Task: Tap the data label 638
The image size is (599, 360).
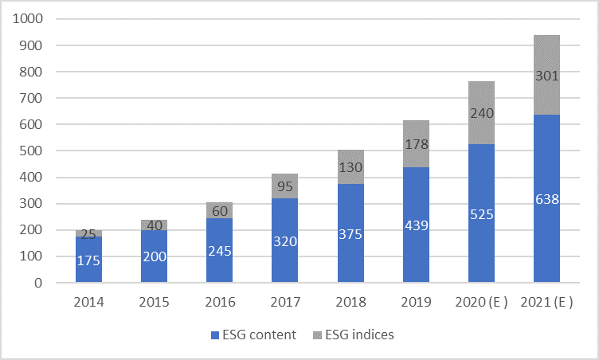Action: tap(546, 199)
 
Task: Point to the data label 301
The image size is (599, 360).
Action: tap(546, 76)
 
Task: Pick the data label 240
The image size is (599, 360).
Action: tap(481, 113)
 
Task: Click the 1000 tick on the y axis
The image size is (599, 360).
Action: tap(33, 19)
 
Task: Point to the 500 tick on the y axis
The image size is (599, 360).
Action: tap(36, 151)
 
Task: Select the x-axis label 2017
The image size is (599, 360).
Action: tap(285, 302)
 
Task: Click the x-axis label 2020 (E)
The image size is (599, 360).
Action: tap(481, 302)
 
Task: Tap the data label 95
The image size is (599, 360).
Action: tap(285, 186)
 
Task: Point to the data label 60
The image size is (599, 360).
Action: tap(220, 210)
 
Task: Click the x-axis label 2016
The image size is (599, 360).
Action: tap(220, 302)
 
